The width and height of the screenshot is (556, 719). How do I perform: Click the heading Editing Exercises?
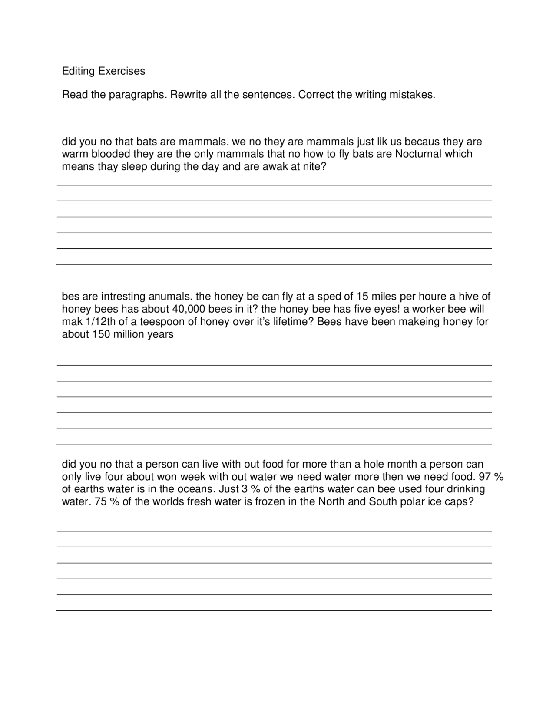click(x=103, y=71)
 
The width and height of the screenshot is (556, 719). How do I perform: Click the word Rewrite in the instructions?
click(x=188, y=95)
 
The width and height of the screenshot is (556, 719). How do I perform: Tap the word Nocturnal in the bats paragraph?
click(x=418, y=154)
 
